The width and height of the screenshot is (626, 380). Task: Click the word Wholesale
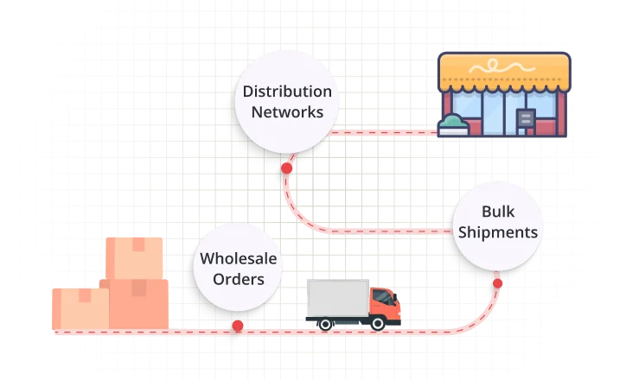pyautogui.click(x=233, y=257)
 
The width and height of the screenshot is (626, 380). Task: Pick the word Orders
pyautogui.click(x=233, y=278)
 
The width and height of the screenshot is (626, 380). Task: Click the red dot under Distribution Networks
pyautogui.click(x=285, y=167)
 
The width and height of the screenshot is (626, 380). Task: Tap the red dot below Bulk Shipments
pyautogui.click(x=498, y=282)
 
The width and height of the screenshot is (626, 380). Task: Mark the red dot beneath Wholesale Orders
pyautogui.click(x=238, y=326)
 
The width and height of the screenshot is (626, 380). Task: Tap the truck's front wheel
pyautogui.click(x=379, y=323)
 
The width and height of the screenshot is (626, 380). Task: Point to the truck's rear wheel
pyautogui.click(x=325, y=323)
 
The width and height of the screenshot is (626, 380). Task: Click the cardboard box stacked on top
pyautogui.click(x=135, y=257)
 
